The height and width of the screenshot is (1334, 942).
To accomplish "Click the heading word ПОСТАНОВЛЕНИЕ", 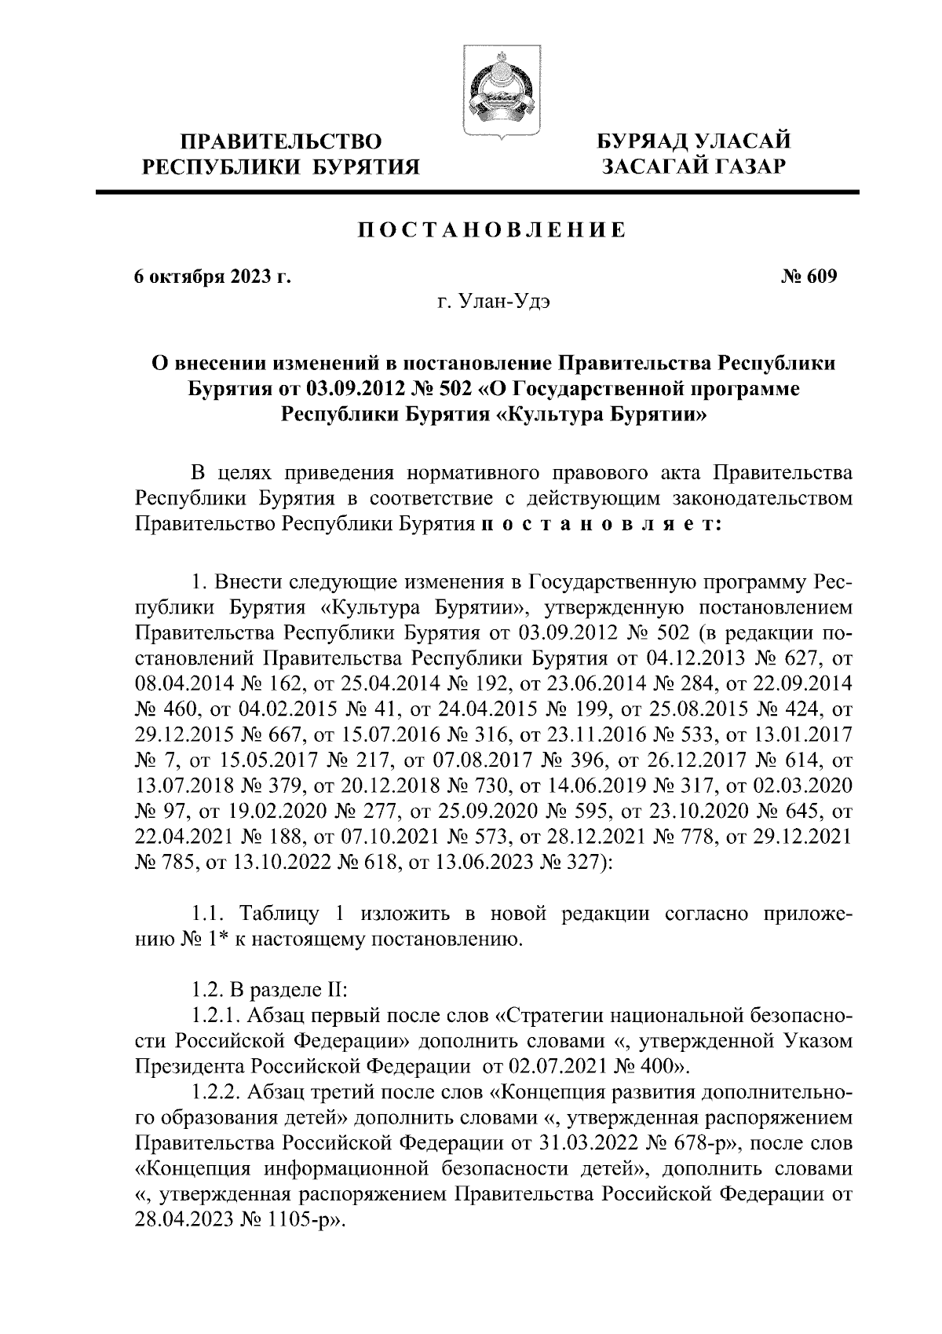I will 492,230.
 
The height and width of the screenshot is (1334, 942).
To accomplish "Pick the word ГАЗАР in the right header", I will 742,167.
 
